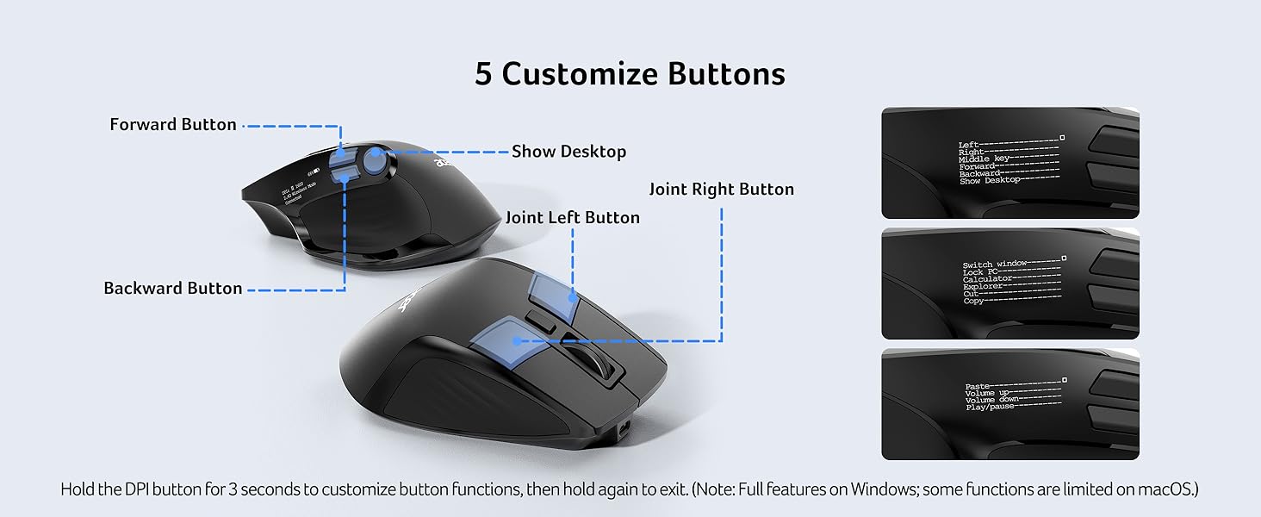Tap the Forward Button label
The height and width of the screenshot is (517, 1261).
pyautogui.click(x=172, y=125)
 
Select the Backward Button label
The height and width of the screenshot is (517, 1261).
pyautogui.click(x=172, y=289)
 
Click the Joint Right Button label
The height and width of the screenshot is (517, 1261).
pyautogui.click(x=721, y=190)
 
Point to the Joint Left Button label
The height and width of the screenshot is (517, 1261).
pyautogui.click(x=572, y=218)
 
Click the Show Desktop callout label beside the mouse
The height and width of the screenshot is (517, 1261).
pyautogui.click(x=568, y=152)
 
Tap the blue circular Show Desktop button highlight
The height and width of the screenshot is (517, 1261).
pyautogui.click(x=376, y=159)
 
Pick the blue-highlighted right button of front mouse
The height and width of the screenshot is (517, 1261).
pyautogui.click(x=553, y=293)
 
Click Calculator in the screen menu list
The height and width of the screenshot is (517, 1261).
pyautogui.click(x=986, y=279)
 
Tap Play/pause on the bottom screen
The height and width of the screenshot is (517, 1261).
pyautogui.click(x=989, y=407)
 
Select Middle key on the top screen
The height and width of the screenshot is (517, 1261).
pyautogui.click(x=984, y=159)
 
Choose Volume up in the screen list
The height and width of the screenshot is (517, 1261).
pyautogui.click(x=985, y=394)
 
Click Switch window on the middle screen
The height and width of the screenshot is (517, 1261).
pyautogui.click(x=989, y=265)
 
